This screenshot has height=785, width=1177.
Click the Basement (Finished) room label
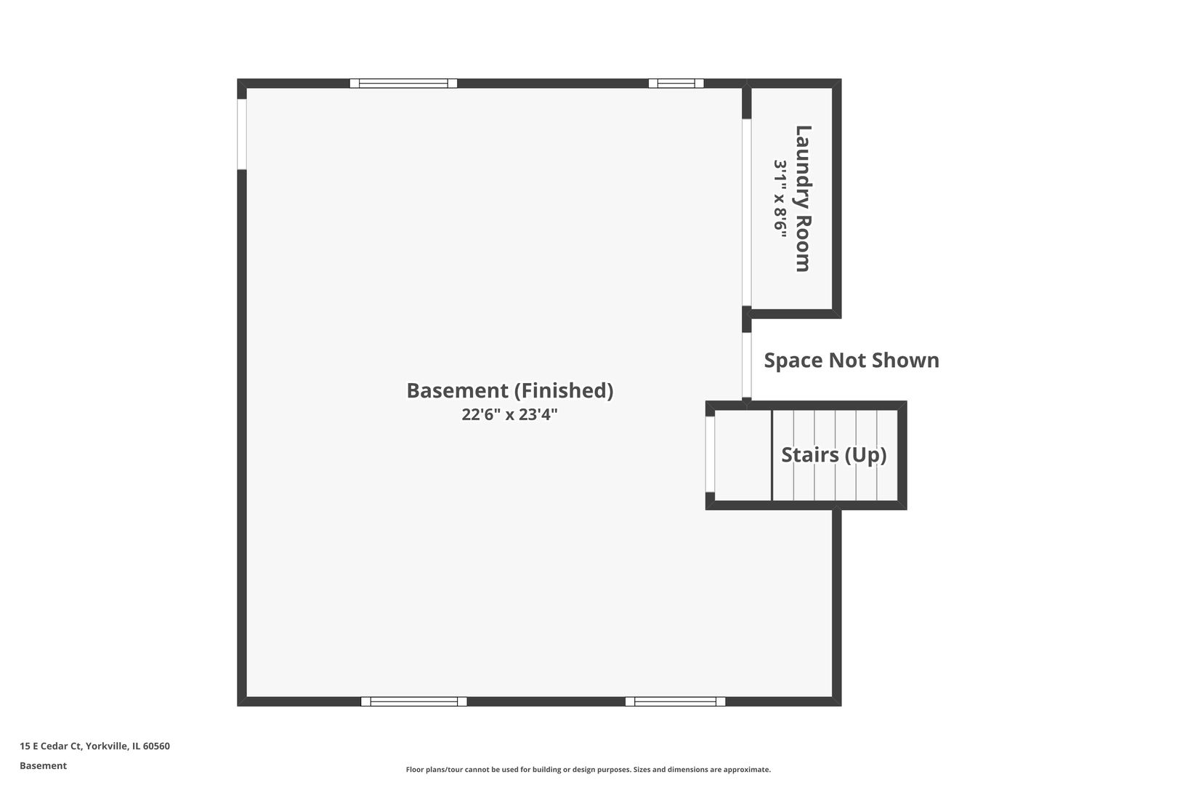pyautogui.click(x=510, y=390)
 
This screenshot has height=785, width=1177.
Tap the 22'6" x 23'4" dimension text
pyautogui.click(x=509, y=415)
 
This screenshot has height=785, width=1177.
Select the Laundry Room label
pyautogui.click(x=802, y=198)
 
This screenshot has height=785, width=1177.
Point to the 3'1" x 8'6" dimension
pyautogui.click(x=780, y=198)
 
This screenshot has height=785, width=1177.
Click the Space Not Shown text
pyautogui.click(x=852, y=361)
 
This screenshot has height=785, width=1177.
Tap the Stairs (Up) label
pyautogui.click(x=834, y=455)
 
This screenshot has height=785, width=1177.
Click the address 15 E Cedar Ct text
pyautogui.click(x=50, y=746)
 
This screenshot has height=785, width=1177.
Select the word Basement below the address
pyautogui.click(x=43, y=766)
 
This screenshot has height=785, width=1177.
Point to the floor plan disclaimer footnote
pyautogui.click(x=588, y=770)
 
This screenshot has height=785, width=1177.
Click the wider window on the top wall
pyautogui.click(x=403, y=83)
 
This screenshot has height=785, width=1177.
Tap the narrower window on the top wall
pyautogui.click(x=676, y=83)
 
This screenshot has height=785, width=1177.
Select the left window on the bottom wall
pyautogui.click(x=414, y=701)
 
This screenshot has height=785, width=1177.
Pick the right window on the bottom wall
pyautogui.click(x=675, y=701)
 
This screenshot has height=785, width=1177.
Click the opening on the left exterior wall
pyautogui.click(x=242, y=134)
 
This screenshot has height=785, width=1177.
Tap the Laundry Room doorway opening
pyautogui.click(x=747, y=212)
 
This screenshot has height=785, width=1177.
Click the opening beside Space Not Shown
pyautogui.click(x=747, y=366)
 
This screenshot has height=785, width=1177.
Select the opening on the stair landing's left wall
pyautogui.click(x=710, y=454)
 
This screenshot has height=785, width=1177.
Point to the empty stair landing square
pyautogui.click(x=743, y=455)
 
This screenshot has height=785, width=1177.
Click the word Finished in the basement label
pyautogui.click(x=564, y=390)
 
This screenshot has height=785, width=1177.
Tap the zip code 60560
pyautogui.click(x=156, y=746)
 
